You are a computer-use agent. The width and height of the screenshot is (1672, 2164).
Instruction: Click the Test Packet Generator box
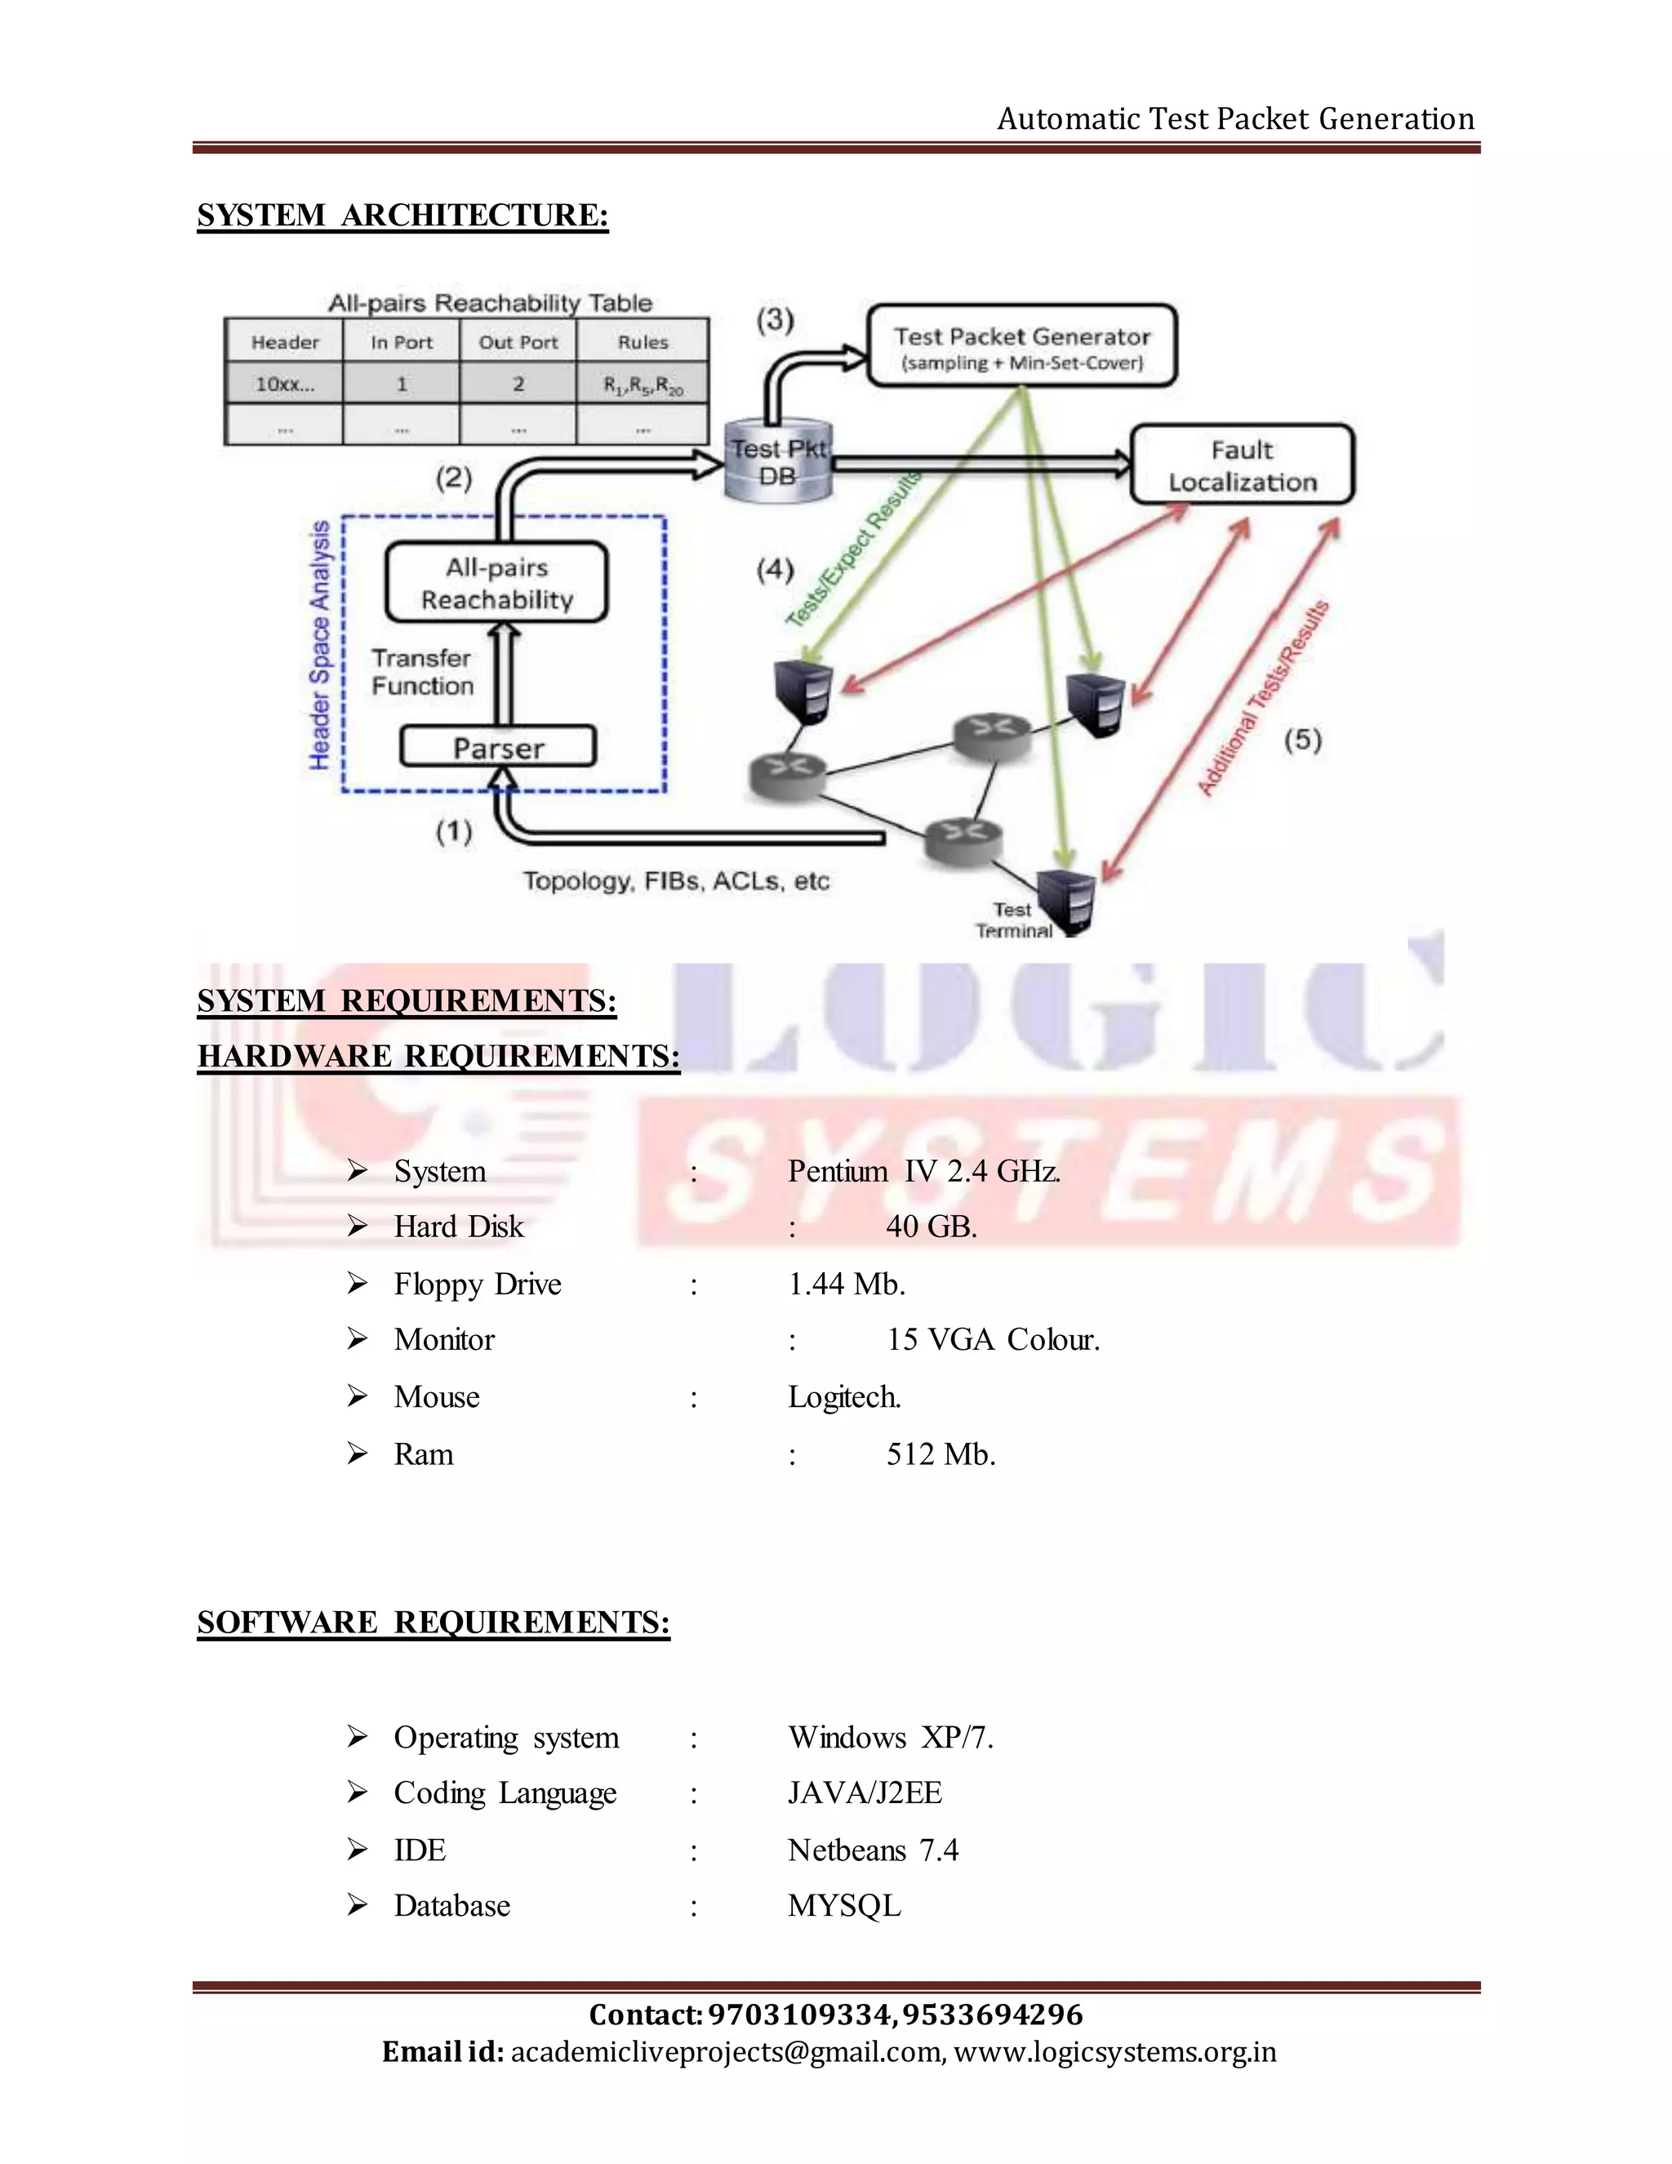point(1021,345)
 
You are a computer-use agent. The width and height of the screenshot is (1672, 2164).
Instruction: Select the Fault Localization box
point(1242,465)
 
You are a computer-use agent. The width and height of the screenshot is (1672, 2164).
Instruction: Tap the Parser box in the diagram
point(498,747)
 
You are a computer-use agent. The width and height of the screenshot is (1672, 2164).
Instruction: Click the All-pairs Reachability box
point(496,582)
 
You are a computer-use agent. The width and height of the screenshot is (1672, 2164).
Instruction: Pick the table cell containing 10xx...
point(284,384)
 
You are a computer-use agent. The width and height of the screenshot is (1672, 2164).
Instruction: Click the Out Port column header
point(518,342)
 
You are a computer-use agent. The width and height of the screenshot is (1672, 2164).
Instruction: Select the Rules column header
point(643,342)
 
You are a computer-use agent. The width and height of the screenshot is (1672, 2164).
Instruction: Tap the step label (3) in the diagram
point(776,319)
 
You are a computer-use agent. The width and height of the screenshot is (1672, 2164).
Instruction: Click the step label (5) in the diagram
point(1302,739)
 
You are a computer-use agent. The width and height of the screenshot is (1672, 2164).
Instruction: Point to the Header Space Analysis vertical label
point(319,644)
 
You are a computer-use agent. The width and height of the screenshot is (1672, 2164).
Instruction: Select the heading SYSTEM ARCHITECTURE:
point(402,215)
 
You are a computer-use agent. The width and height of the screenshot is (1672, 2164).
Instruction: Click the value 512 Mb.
point(940,1454)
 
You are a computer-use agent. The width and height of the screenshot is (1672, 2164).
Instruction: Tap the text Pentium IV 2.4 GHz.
point(924,1171)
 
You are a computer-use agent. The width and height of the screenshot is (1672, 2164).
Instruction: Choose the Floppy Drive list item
point(477,1285)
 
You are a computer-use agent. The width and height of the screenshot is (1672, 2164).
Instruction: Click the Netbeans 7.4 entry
point(873,1850)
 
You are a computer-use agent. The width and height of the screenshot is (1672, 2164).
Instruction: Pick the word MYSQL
point(844,1905)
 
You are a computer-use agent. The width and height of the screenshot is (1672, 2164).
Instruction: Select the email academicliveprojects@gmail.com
point(726,2051)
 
